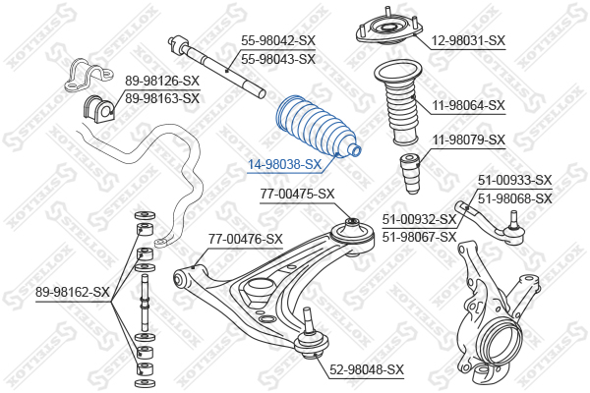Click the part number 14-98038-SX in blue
click(x=284, y=164)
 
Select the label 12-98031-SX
click(x=468, y=40)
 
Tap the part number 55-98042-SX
click(x=278, y=40)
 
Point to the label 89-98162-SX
click(x=73, y=292)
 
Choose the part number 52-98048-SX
click(x=367, y=369)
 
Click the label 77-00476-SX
click(x=245, y=239)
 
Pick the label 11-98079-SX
click(x=468, y=140)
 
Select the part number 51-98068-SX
click(x=514, y=198)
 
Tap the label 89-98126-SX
click(x=162, y=81)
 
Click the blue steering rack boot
click(x=319, y=127)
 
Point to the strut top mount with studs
click(x=389, y=28)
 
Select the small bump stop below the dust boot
click(x=410, y=173)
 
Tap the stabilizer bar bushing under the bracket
click(x=98, y=109)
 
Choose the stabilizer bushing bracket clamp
click(x=88, y=75)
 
